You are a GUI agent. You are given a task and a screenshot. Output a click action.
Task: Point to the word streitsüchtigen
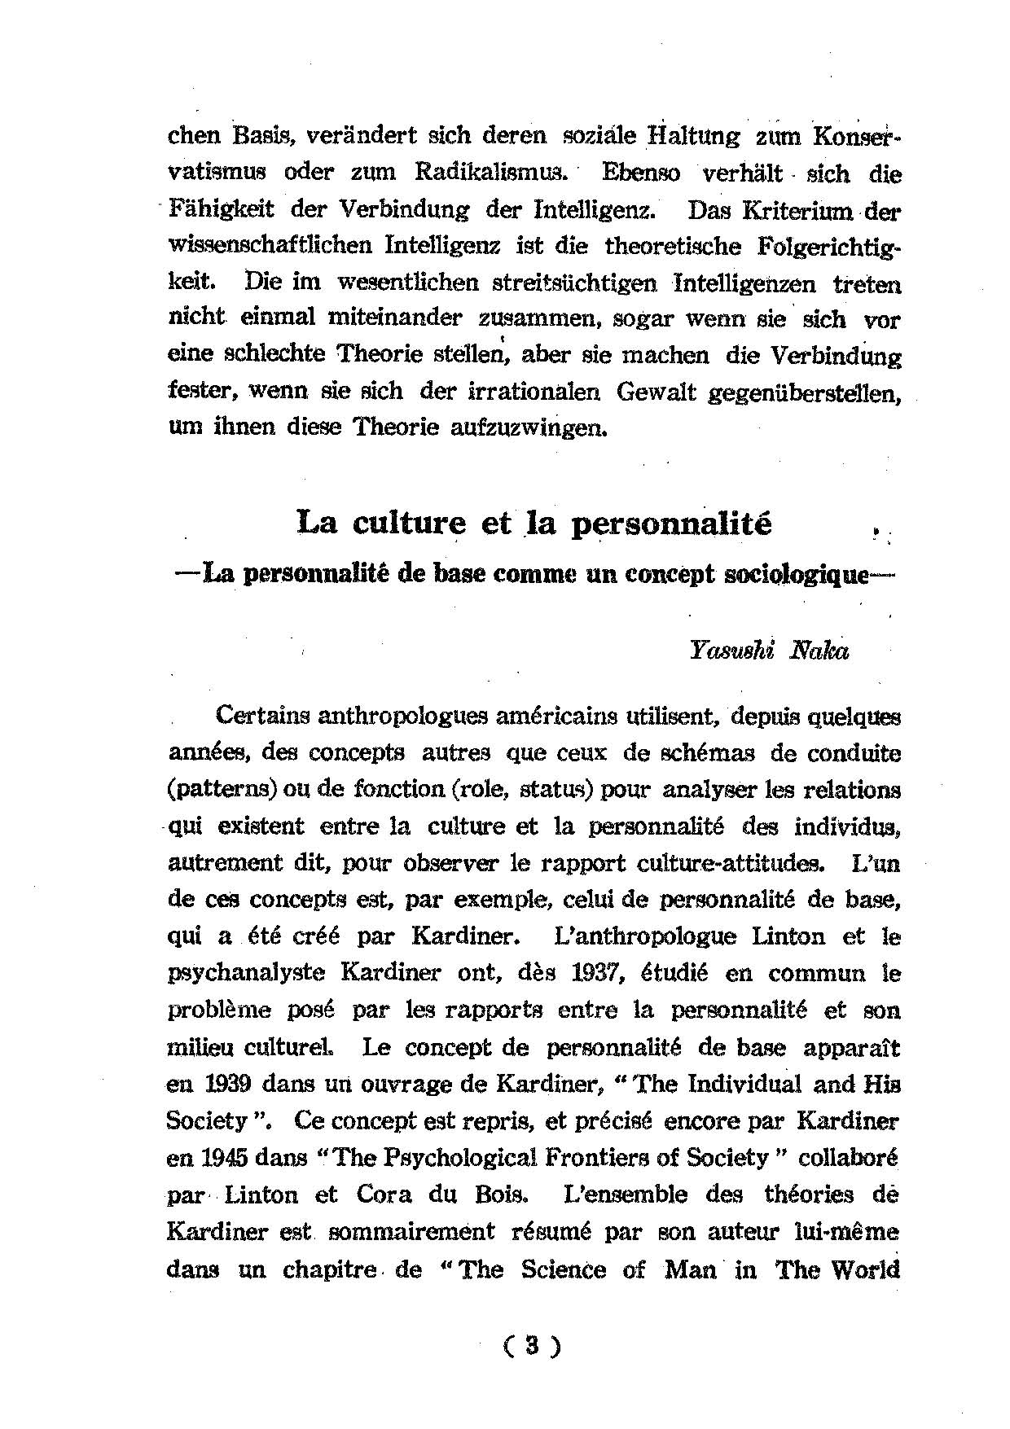point(574,283)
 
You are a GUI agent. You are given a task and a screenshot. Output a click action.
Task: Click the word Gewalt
point(657,392)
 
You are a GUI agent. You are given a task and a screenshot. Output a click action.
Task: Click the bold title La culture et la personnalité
point(534,523)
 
